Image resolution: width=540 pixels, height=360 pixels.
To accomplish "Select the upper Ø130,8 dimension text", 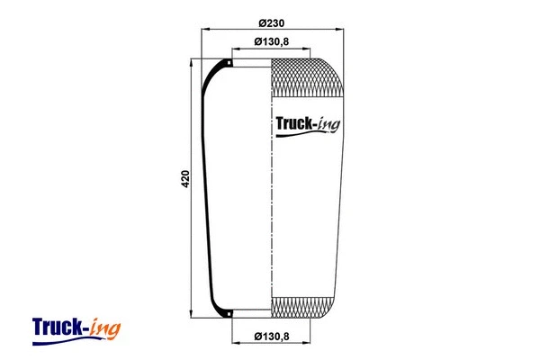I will pyautogui.click(x=270, y=42).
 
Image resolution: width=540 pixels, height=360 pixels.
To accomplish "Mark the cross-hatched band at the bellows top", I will pyautogui.click(x=307, y=78).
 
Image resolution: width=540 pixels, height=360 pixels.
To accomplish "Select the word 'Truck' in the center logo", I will pyautogui.click(x=290, y=127).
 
